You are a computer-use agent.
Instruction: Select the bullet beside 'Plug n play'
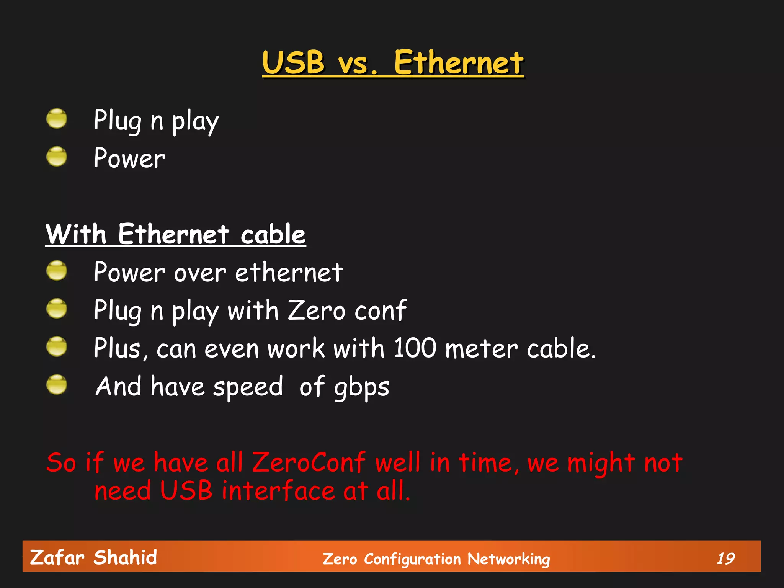57,119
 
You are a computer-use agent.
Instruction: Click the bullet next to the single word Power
57,157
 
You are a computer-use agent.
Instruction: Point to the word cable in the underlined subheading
273,234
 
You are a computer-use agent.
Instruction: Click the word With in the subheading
76,234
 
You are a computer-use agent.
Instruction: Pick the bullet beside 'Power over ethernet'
57,271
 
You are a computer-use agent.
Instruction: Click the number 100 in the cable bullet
415,348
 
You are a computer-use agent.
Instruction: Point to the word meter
481,349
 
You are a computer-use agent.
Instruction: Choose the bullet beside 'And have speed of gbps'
57,384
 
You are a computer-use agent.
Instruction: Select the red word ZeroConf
309,463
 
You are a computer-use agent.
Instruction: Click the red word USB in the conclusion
186,491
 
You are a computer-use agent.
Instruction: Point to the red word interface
278,491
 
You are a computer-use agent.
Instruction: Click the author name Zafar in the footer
57,557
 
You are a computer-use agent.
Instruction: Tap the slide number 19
725,559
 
